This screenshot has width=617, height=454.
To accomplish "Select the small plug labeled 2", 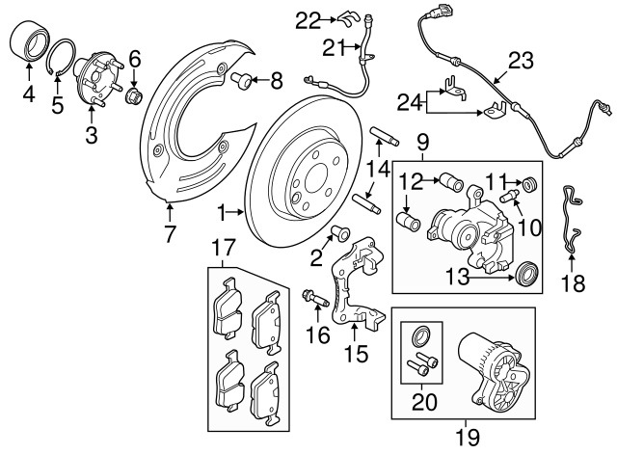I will (x=339, y=231).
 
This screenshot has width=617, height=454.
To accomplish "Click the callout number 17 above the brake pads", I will (x=222, y=249).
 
